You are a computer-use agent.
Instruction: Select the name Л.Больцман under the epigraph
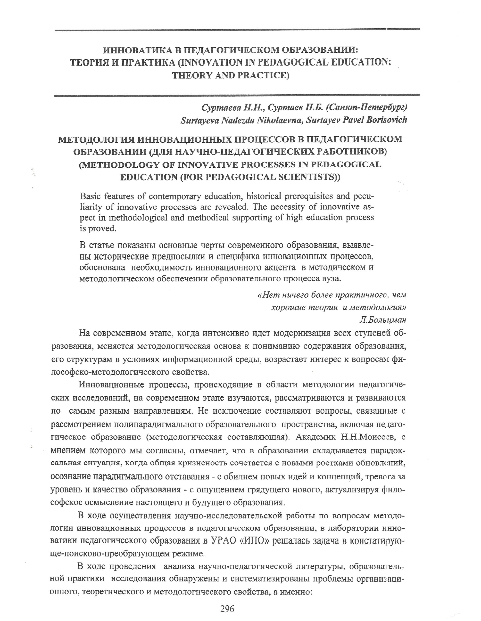click(382, 320)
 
